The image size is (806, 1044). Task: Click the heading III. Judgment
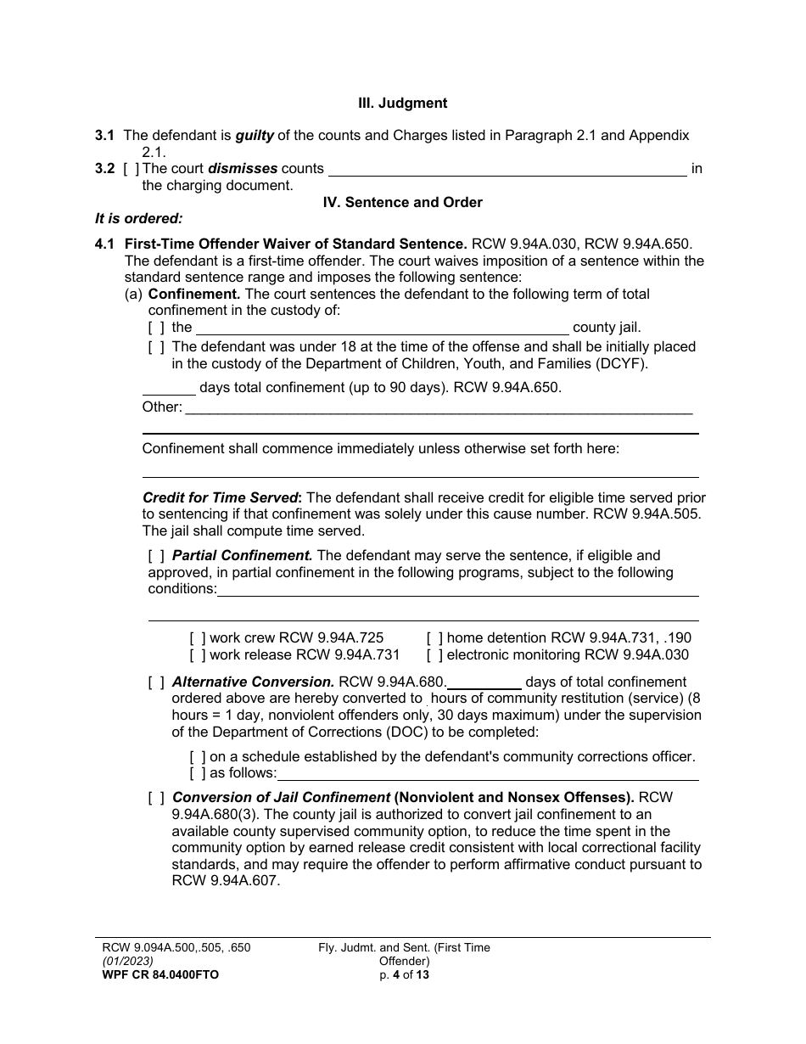[x=402, y=103]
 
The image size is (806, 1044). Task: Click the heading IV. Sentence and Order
[x=402, y=202]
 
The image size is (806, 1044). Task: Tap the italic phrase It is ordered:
[x=139, y=218]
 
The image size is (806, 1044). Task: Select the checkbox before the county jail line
[x=156, y=328]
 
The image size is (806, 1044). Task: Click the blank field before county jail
[x=382, y=328]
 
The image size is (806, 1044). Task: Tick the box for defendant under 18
[x=156, y=347]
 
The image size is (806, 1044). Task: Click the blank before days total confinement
[x=169, y=388]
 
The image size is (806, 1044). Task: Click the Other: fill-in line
[x=438, y=408]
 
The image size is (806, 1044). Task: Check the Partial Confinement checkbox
[x=156, y=556]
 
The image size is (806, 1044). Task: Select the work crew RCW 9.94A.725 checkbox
[x=198, y=638]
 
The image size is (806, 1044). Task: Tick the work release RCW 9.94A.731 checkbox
[x=198, y=655]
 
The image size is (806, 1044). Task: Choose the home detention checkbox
[x=434, y=638]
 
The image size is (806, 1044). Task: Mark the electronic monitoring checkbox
[x=434, y=655]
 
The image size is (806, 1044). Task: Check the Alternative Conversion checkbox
[x=156, y=682]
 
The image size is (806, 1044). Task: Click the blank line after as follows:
[x=488, y=773]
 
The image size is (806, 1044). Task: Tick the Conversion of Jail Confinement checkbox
[x=156, y=798]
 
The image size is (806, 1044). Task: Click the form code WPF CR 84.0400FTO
[x=160, y=975]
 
